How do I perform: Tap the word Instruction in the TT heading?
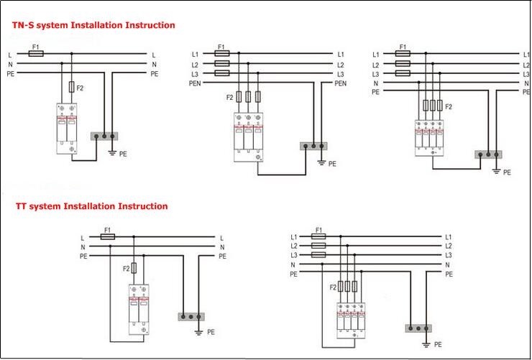[142, 206]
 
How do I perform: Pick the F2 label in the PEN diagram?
[230, 97]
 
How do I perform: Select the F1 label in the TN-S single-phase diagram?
[35, 45]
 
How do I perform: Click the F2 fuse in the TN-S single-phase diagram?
[70, 87]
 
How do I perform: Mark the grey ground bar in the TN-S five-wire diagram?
[489, 154]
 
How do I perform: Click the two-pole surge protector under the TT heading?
[138, 309]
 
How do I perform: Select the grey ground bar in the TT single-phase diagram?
[191, 316]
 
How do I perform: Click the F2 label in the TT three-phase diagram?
[332, 287]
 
